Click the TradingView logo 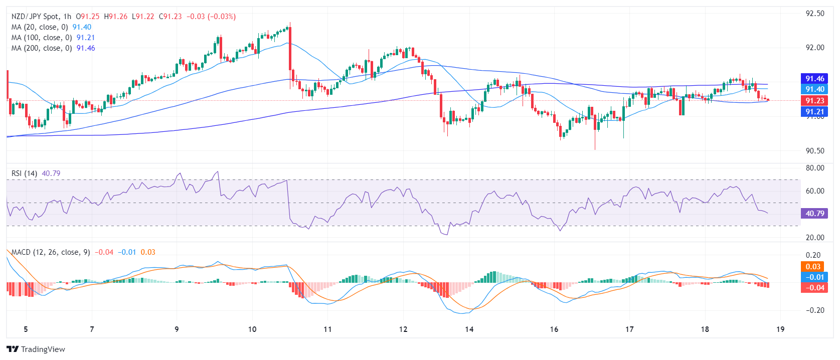coord(36,349)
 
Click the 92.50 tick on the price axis coord(814,14)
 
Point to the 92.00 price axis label coord(814,48)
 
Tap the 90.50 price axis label coord(814,150)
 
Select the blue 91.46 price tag coord(814,79)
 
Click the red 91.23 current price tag coord(814,101)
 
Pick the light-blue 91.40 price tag coord(814,89)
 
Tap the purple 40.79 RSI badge coord(814,214)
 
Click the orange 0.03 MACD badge coord(813,267)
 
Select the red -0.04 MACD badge coord(814,288)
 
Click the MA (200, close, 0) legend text coord(42,48)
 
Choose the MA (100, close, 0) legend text coord(42,38)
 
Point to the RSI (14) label coord(24,173)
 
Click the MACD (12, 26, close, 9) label coord(51,252)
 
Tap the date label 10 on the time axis coord(252,329)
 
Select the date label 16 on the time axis coord(554,329)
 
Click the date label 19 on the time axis coord(780,329)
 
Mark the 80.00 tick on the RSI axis coord(814,168)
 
